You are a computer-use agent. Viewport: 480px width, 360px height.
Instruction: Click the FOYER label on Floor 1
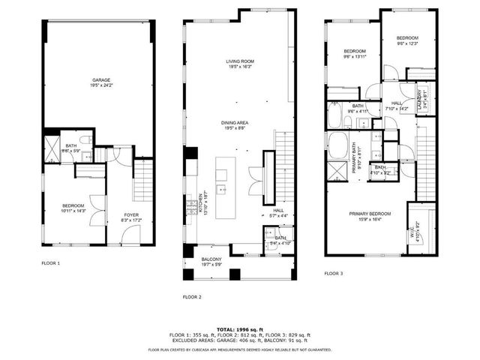point(130,215)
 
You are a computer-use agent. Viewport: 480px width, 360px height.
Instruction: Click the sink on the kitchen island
point(222,190)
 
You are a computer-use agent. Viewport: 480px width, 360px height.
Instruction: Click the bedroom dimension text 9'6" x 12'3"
point(406,43)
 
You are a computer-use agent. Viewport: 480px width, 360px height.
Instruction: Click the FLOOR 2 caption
point(192,297)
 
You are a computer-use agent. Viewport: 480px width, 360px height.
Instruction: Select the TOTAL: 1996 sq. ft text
point(239,328)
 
